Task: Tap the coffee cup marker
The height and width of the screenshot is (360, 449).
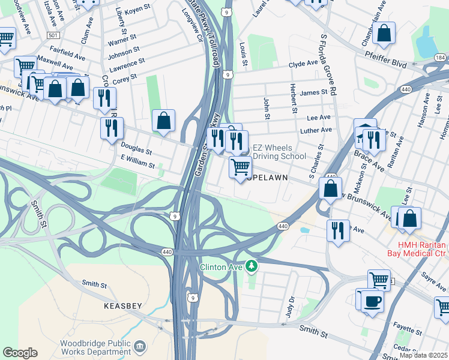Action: click(x=372, y=300)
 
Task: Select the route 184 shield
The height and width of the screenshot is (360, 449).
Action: click(x=440, y=58)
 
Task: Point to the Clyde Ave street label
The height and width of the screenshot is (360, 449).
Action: click(x=303, y=63)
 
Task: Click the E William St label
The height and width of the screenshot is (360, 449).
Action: click(x=137, y=161)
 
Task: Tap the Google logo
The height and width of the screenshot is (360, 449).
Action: click(x=20, y=353)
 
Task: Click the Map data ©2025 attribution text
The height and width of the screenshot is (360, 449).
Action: click(x=423, y=355)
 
